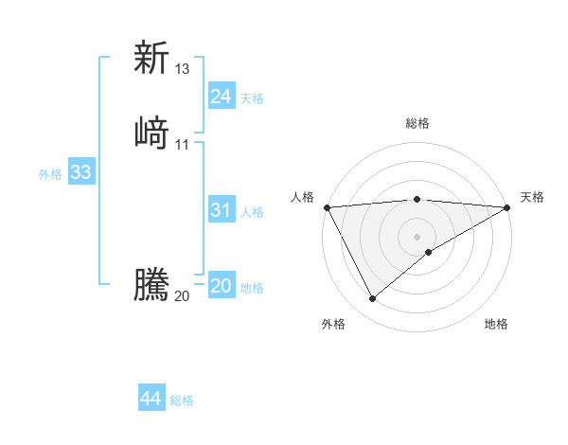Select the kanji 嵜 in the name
click(x=151, y=132)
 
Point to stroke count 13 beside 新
click(x=183, y=69)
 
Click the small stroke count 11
click(x=183, y=144)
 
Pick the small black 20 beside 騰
click(x=183, y=296)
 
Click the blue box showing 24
click(x=221, y=97)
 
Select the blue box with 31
click(x=221, y=211)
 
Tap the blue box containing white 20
click(x=221, y=286)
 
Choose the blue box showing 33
click(x=80, y=172)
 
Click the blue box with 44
click(x=151, y=399)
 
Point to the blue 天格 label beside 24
click(x=252, y=98)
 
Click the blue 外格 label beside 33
click(x=50, y=174)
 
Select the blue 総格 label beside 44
click(x=182, y=400)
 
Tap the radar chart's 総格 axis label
click(x=417, y=123)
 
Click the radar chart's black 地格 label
click(x=496, y=325)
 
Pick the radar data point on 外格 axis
click(x=372, y=299)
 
